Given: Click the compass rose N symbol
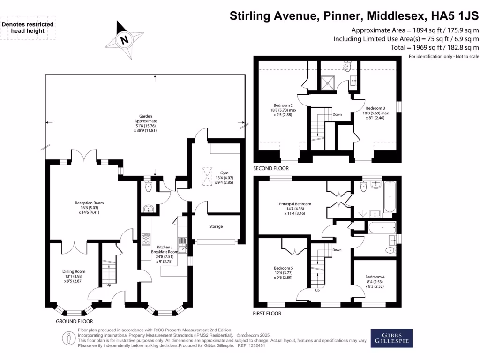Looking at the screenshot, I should pyautogui.click(x=124, y=40).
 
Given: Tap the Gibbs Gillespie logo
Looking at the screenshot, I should pyautogui.click(x=392, y=337).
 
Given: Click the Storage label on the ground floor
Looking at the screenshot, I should pyautogui.click(x=216, y=226).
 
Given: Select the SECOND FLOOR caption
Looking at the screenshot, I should pyautogui.click(x=271, y=168).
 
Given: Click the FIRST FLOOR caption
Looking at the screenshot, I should pyautogui.click(x=267, y=313).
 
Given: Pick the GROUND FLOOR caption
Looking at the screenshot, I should pyautogui.click(x=74, y=322).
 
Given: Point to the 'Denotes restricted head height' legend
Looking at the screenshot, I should pyautogui.click(x=28, y=28).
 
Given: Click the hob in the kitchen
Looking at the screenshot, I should pyautogui.click(x=147, y=240).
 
